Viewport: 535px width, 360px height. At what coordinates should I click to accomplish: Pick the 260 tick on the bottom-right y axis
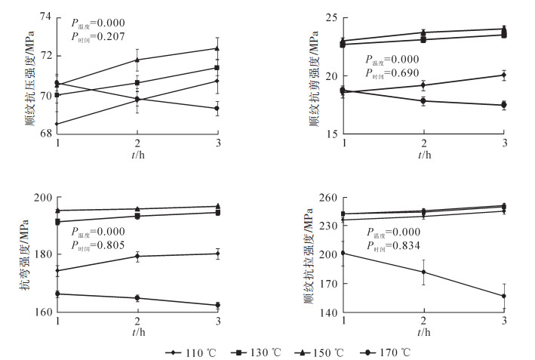(330, 198)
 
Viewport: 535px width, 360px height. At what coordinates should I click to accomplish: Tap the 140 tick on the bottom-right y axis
(330, 312)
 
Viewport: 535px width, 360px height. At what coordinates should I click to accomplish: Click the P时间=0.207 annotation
(98, 36)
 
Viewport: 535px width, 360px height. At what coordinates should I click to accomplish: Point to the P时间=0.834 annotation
(395, 245)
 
